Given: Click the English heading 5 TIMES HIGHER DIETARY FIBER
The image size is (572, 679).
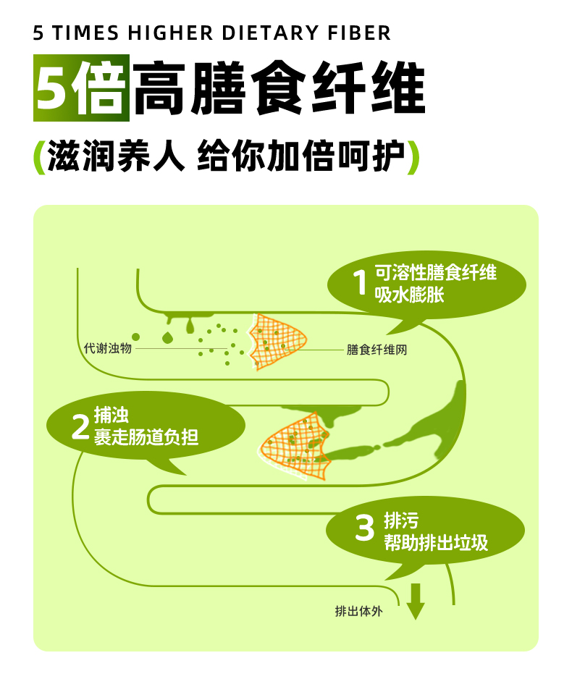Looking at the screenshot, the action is (212, 33).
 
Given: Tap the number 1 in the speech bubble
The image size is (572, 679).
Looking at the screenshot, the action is (360, 283).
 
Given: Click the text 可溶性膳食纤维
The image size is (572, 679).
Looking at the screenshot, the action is (435, 274).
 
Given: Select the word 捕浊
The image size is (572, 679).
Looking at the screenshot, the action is (111, 416).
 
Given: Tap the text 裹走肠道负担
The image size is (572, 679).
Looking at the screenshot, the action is (146, 437).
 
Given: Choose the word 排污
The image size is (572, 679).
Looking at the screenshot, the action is (400, 520).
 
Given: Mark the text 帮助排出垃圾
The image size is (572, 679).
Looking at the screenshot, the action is (436, 541).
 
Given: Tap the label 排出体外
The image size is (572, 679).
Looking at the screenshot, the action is (358, 611).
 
